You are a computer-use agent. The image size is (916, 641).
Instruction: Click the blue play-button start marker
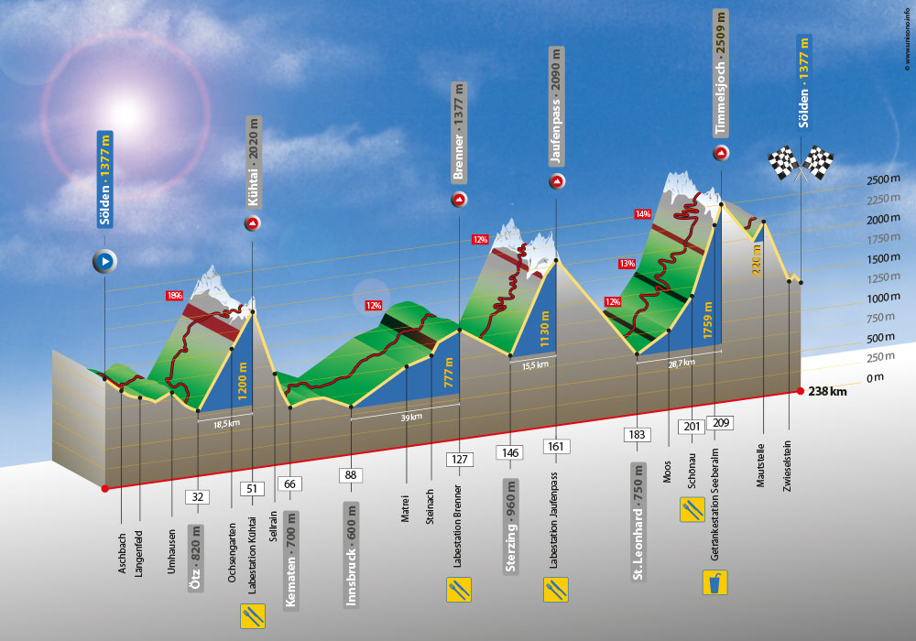click(x=105, y=262)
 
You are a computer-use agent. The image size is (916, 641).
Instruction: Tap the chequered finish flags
click(x=801, y=163)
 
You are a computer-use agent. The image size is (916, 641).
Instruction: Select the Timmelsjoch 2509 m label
click(x=721, y=73)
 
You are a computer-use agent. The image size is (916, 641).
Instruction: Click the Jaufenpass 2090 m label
click(x=556, y=106)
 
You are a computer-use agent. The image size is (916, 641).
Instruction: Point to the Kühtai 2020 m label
click(x=253, y=162)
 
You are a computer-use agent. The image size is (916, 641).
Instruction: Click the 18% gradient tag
click(x=175, y=296)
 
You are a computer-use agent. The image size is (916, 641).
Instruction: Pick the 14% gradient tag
click(x=643, y=214)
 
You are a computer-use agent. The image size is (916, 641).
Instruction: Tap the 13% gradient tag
click(x=627, y=264)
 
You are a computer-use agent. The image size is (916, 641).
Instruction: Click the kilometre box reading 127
click(x=459, y=460)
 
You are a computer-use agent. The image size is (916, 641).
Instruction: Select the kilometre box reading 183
click(x=637, y=434)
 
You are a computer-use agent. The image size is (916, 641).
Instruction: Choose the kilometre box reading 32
click(x=198, y=497)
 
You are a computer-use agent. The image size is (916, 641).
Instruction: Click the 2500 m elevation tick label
click(x=883, y=179)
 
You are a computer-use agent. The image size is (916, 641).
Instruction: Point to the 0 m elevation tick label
click(x=875, y=377)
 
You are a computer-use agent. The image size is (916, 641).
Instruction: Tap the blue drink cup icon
click(x=715, y=582)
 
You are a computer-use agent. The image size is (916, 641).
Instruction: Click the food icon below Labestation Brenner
click(x=459, y=590)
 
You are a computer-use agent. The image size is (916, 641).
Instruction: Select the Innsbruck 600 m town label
click(x=351, y=555)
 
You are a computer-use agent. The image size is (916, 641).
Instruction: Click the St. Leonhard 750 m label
click(x=638, y=523)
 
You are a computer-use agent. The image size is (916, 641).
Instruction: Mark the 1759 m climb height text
click(x=708, y=320)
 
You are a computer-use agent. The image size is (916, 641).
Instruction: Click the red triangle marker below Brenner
click(x=459, y=200)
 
